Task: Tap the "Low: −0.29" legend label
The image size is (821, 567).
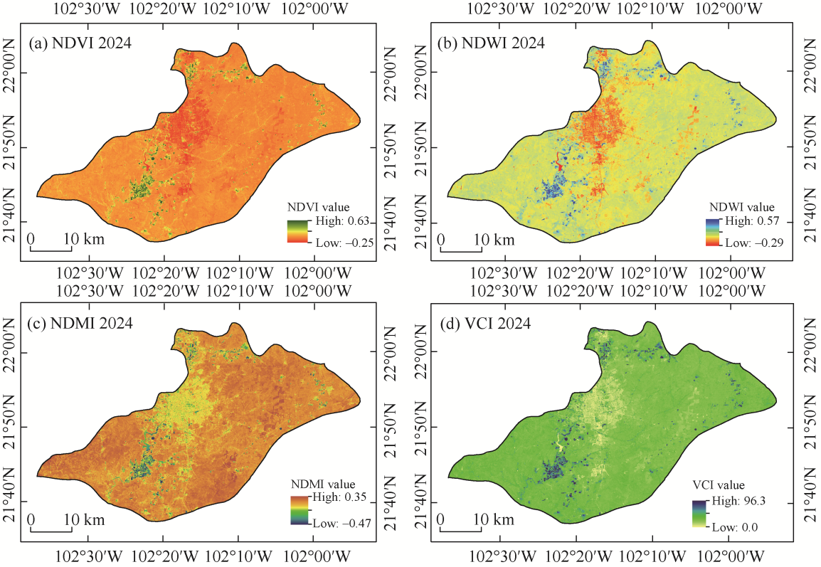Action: click(751, 243)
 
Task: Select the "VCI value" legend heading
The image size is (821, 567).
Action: click(719, 487)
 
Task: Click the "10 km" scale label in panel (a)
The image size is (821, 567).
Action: click(87, 239)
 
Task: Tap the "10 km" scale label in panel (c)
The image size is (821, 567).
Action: click(87, 519)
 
